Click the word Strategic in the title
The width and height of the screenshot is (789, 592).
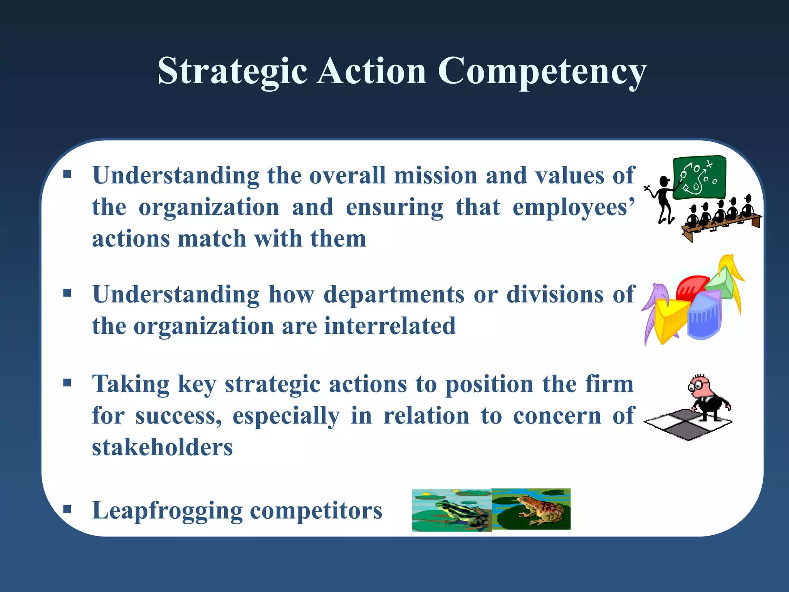(x=232, y=71)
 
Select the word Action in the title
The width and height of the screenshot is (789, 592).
(x=372, y=71)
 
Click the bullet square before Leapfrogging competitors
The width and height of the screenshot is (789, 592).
(x=67, y=510)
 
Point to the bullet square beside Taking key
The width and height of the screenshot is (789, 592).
(x=67, y=383)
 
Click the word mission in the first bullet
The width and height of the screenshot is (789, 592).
(x=435, y=175)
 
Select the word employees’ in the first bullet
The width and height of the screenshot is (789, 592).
(x=573, y=207)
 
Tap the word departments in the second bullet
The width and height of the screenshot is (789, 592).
(x=394, y=294)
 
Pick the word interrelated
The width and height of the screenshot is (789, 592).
(x=390, y=326)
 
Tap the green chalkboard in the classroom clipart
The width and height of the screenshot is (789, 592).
(x=699, y=177)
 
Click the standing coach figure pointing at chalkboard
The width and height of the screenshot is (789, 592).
(x=663, y=198)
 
